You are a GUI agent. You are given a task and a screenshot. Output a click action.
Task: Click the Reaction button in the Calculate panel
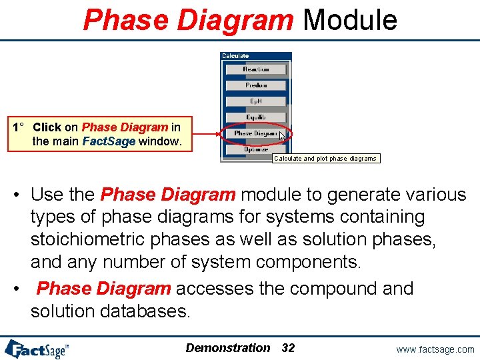pyautogui.click(x=256, y=69)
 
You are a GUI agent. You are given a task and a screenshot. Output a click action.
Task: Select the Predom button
pyautogui.click(x=256, y=85)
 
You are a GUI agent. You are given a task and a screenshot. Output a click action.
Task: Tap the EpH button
pyautogui.click(x=256, y=101)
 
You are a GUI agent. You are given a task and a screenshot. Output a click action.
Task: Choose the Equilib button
pyautogui.click(x=256, y=117)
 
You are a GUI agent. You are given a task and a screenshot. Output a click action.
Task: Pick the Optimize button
pyautogui.click(x=256, y=149)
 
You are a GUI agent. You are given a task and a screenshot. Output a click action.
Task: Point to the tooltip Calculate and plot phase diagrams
pyautogui.click(x=325, y=159)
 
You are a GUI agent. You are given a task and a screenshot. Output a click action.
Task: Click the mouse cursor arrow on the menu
pyautogui.click(x=282, y=136)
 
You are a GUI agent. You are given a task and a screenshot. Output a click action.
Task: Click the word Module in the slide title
pyautogui.click(x=350, y=20)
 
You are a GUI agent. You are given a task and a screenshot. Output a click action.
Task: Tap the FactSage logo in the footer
pyautogui.click(x=37, y=349)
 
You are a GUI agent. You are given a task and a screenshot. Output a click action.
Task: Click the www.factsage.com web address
pyautogui.click(x=435, y=349)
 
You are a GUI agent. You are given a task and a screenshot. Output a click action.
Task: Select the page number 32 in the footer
pyautogui.click(x=288, y=348)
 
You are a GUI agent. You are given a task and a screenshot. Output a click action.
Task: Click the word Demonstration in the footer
pyautogui.click(x=228, y=348)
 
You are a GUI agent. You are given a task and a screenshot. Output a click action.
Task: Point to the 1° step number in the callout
pyautogui.click(x=19, y=127)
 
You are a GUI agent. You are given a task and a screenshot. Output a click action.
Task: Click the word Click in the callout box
pyautogui.click(x=47, y=127)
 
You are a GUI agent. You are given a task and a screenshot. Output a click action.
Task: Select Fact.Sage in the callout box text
pyautogui.click(x=109, y=141)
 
